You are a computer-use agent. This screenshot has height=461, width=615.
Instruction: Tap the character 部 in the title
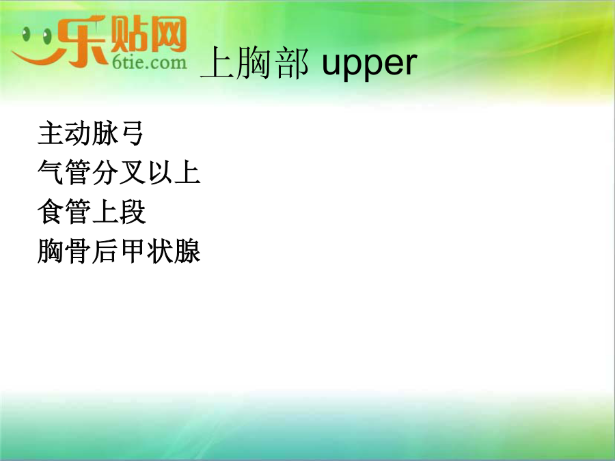(292, 63)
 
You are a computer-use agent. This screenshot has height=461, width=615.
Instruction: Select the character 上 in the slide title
(217, 63)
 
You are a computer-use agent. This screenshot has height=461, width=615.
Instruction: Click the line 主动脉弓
(90, 133)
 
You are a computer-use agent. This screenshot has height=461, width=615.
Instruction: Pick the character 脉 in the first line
(105, 133)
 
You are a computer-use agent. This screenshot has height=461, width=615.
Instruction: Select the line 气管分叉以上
(119, 172)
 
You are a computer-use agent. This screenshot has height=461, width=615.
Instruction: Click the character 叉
(133, 172)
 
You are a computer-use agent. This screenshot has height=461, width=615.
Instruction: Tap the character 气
(50, 172)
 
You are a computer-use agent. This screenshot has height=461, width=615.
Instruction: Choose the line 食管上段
(92, 211)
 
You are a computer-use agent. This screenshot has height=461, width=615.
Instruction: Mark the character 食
(50, 211)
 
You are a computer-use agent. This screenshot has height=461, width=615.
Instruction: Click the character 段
(133, 211)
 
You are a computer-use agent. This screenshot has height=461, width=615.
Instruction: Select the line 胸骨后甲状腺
(119, 251)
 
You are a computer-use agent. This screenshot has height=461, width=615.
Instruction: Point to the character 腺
(187, 251)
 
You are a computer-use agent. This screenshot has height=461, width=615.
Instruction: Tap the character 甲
(133, 251)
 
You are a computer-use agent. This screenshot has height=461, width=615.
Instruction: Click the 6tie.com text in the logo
(150, 63)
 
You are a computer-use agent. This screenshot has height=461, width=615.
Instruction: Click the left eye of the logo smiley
(26, 35)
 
